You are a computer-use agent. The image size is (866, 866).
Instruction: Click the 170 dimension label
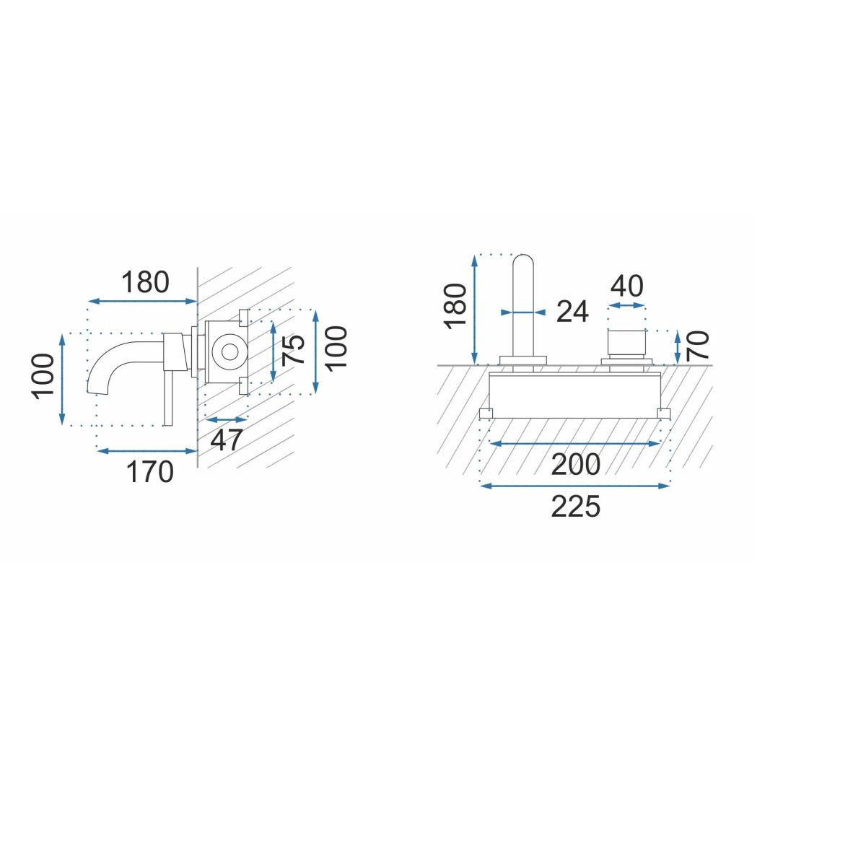pos(150,472)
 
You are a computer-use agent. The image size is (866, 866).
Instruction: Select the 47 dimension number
pos(227,439)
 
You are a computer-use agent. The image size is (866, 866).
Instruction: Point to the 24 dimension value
pos(572,312)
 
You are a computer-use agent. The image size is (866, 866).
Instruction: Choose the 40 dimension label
pos(626,287)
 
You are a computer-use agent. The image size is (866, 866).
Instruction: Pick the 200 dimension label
pos(575,465)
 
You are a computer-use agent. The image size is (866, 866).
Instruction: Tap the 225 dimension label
pos(575,507)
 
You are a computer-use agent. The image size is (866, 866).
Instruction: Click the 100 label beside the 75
pos(336,347)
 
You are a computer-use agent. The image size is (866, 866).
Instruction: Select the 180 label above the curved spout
pos(144,282)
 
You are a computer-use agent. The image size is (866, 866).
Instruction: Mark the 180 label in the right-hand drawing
pos(456,306)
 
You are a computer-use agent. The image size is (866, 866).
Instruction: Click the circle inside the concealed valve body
pos(229,352)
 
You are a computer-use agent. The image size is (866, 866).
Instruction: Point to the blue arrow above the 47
pos(227,419)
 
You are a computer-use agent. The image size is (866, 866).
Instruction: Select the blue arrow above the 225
pos(575,486)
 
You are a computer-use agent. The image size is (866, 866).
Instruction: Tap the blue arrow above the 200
pos(575,444)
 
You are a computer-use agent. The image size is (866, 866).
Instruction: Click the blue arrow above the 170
pos(147,451)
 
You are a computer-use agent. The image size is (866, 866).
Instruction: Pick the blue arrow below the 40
pos(626,306)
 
